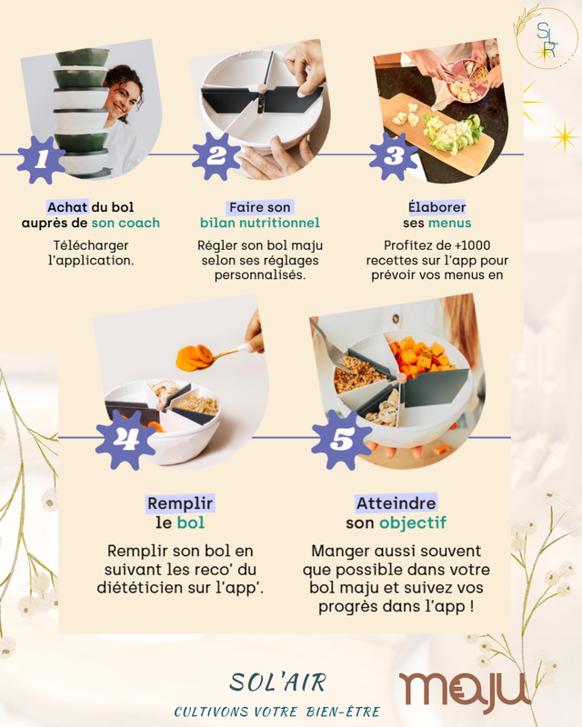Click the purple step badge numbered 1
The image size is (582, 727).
(41, 160)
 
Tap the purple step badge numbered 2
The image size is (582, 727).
(216, 156)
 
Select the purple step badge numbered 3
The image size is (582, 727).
(393, 156)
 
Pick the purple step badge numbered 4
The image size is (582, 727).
(125, 439)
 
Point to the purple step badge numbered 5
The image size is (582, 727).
(342, 439)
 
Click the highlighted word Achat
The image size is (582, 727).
(67, 207)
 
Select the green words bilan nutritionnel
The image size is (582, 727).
(260, 223)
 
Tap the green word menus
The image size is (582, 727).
(450, 223)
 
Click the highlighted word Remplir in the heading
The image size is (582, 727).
(180, 503)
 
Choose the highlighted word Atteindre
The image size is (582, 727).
(396, 503)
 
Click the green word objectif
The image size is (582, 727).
(413, 523)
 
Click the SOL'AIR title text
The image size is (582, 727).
(278, 682)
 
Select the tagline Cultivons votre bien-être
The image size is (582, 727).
(277, 712)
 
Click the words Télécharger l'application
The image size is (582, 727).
(91, 253)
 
